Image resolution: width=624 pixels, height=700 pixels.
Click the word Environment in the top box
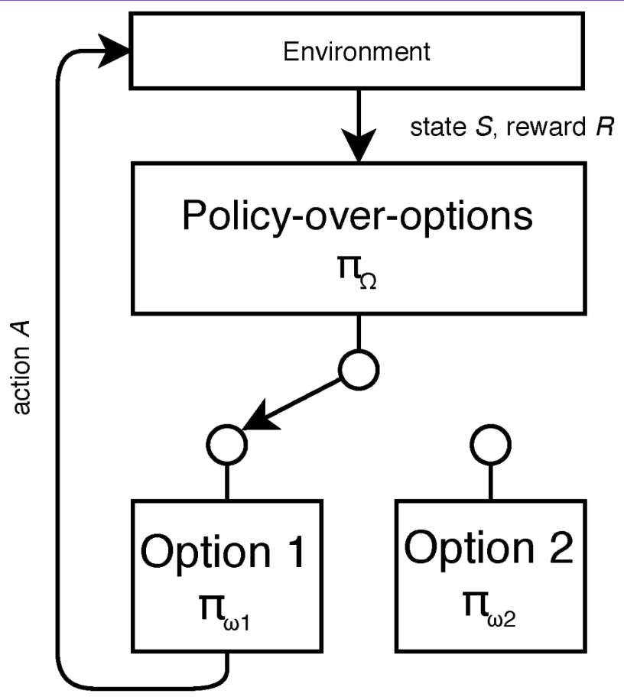point(357,53)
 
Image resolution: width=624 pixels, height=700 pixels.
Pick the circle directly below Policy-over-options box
point(359,370)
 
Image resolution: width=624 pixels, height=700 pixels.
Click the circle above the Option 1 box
point(227,442)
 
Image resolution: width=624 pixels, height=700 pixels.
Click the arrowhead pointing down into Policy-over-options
point(357,145)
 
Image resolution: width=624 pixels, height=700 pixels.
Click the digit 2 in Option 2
point(557,548)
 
